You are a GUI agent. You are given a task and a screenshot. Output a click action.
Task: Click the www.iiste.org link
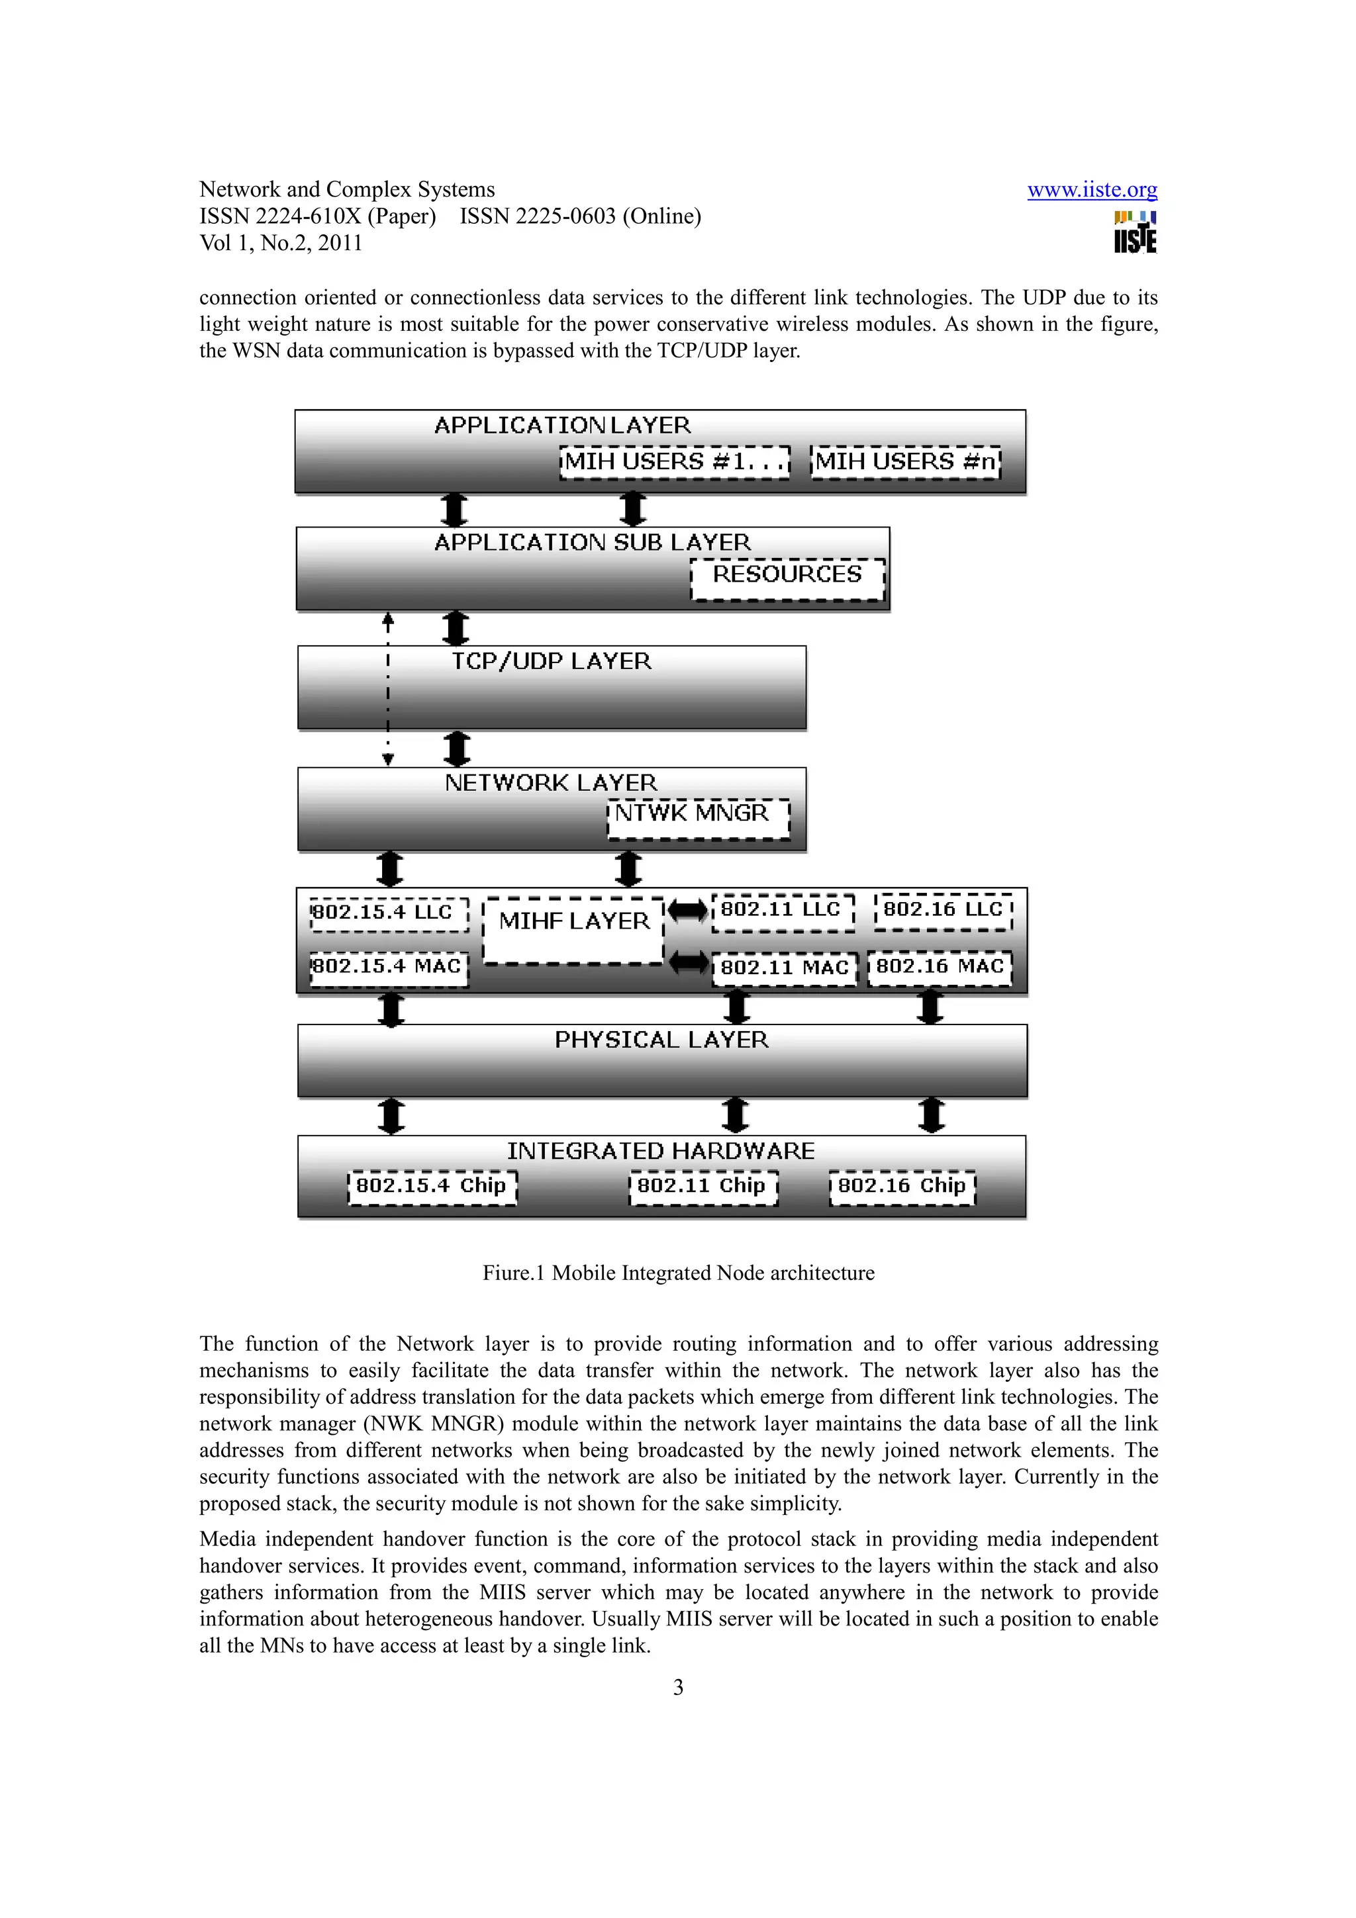(x=1091, y=191)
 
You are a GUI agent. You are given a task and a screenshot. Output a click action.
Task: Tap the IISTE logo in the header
(x=1135, y=233)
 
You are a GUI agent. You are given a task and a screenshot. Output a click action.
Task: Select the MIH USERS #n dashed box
(x=905, y=462)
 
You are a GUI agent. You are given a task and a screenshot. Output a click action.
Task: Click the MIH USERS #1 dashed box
(x=674, y=462)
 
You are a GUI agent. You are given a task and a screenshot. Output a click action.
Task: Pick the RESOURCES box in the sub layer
(x=787, y=578)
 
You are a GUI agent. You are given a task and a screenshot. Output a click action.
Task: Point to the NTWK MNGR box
(x=698, y=818)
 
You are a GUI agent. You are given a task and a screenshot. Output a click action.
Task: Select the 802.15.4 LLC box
(x=389, y=913)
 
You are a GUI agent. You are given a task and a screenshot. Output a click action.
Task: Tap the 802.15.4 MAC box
(x=389, y=968)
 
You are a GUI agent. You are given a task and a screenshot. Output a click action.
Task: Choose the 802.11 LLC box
(x=782, y=911)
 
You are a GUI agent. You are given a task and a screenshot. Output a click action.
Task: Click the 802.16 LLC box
(x=944, y=911)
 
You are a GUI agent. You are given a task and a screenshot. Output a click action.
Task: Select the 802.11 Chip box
(x=702, y=1187)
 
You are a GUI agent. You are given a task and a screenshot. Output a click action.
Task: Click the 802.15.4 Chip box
(x=432, y=1187)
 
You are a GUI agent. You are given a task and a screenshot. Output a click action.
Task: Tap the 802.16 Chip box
(x=902, y=1187)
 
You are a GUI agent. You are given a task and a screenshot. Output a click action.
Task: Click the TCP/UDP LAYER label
(x=552, y=662)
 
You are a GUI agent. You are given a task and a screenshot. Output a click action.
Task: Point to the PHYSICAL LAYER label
(x=661, y=1040)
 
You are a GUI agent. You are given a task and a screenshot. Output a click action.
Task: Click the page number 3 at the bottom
(x=677, y=1688)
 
